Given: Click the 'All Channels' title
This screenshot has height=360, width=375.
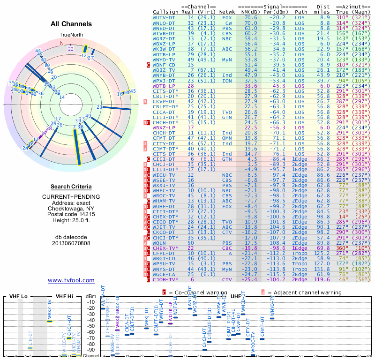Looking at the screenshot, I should click(71, 24).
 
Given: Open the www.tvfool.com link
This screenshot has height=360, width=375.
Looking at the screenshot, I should click(71, 280).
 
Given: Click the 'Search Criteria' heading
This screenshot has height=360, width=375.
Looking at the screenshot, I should click(71, 187).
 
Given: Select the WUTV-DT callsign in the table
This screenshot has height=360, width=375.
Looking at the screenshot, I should click(166, 17).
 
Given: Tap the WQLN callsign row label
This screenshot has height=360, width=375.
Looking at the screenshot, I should click(161, 243).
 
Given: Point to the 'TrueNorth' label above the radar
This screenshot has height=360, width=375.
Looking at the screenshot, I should click(71, 35).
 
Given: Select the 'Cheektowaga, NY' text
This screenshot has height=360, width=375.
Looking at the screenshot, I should click(71, 209).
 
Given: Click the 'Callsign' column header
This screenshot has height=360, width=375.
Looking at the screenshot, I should click(166, 12).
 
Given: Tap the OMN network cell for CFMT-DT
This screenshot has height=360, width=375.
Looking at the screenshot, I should click(228, 138).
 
